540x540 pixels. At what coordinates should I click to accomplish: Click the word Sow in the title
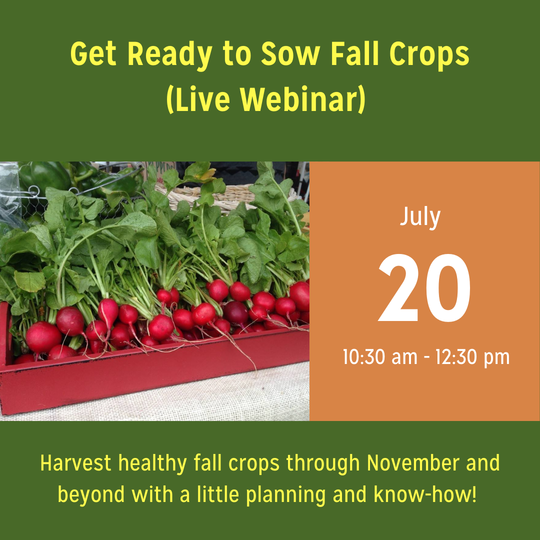pyautogui.click(x=290, y=54)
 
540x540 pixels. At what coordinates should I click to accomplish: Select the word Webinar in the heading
pyautogui.click(x=302, y=100)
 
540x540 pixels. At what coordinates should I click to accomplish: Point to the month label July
pyautogui.click(x=420, y=217)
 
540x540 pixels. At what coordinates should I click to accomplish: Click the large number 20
pyautogui.click(x=424, y=287)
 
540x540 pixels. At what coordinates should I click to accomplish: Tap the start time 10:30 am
pyautogui.click(x=380, y=357)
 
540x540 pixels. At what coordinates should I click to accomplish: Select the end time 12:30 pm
pyautogui.click(x=472, y=357)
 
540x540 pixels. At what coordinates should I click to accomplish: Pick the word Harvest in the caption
pyautogui.click(x=76, y=462)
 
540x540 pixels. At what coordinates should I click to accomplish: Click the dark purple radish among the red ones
pyautogui.click(x=236, y=312)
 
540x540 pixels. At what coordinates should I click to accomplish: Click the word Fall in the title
pyautogui.click(x=354, y=54)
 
